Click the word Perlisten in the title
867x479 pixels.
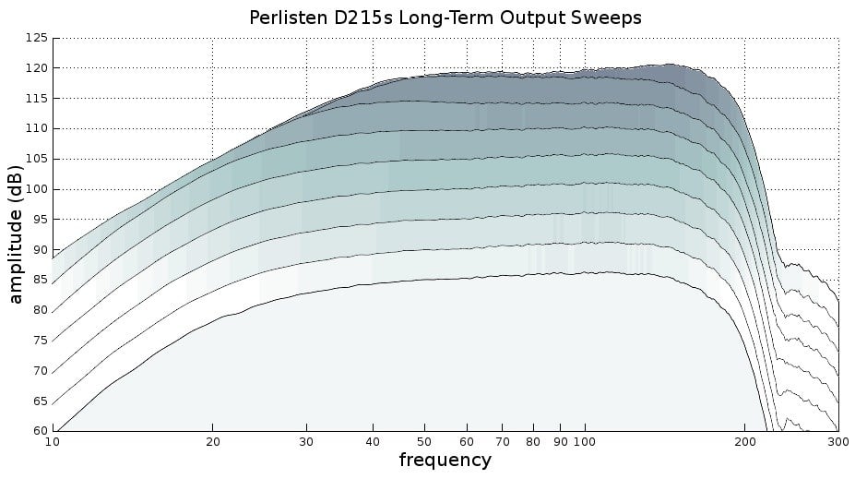click(286, 18)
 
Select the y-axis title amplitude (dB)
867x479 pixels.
click(16, 234)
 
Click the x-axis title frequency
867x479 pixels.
click(445, 460)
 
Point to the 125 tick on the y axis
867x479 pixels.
click(36, 38)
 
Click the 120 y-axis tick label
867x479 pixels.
click(36, 68)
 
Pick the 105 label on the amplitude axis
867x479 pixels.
click(36, 159)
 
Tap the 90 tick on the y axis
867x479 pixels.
click(39, 249)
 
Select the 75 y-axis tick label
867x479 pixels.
click(39, 340)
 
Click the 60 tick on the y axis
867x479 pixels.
click(39, 430)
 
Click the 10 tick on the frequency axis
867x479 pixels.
click(53, 441)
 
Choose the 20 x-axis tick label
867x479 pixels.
click(213, 441)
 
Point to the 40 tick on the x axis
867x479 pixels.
click(374, 441)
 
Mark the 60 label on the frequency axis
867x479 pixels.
click(468, 441)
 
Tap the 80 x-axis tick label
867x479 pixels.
click(534, 441)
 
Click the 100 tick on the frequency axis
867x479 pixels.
click(584, 441)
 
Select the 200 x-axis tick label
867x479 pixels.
click(744, 441)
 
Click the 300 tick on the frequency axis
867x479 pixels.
click(837, 441)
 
